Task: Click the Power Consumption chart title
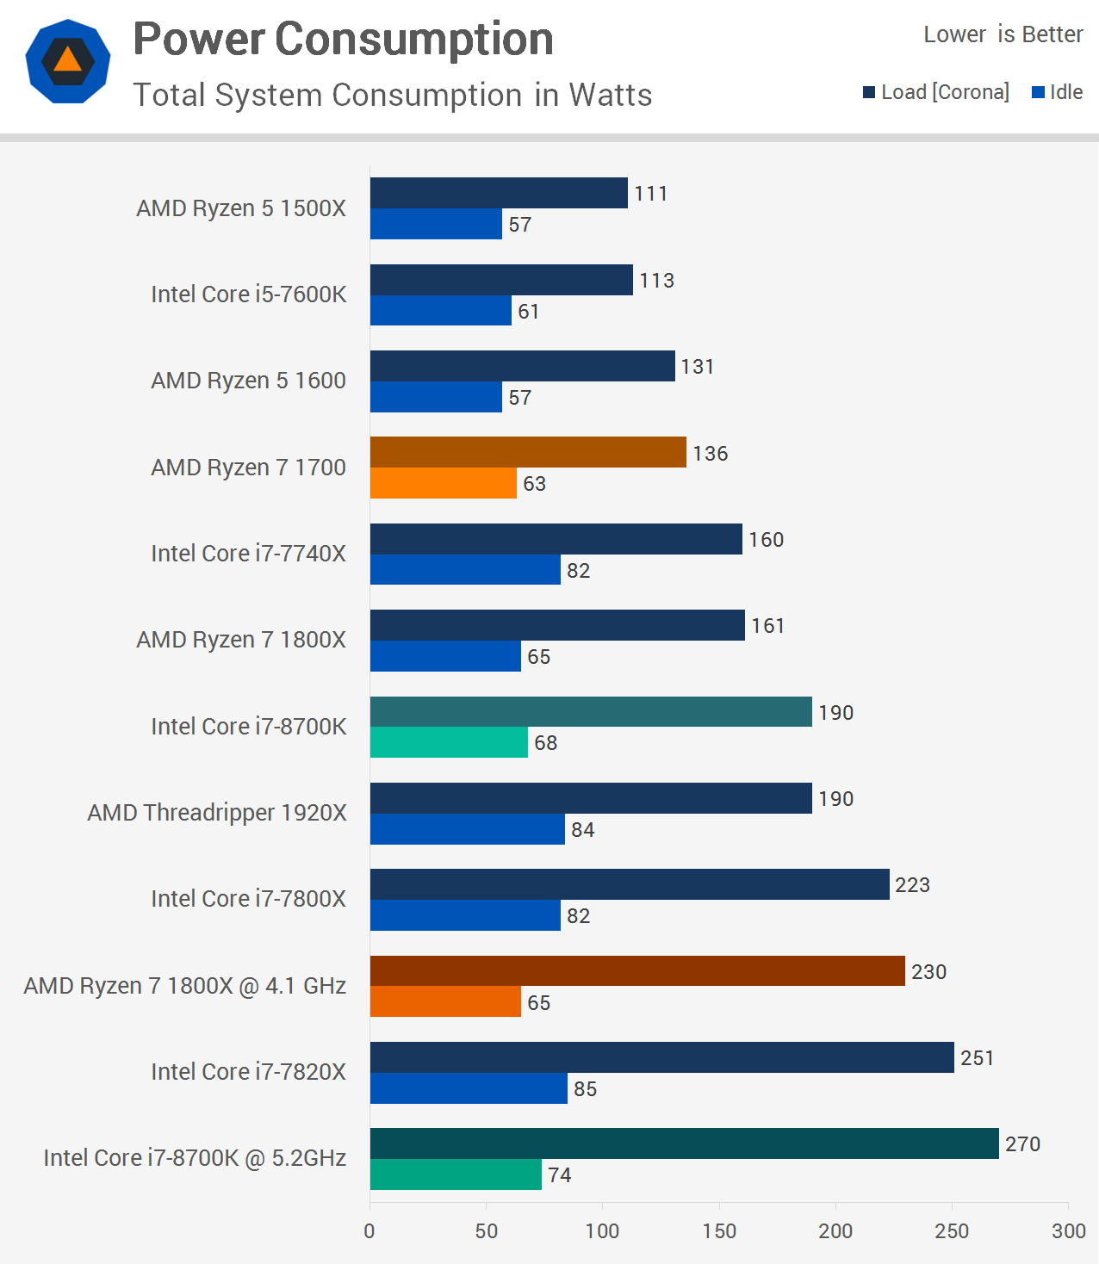coord(343,40)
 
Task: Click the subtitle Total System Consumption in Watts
coord(392,95)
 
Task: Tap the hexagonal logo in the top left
coord(68,61)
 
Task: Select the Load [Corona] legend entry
coord(936,92)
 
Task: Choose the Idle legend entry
coord(1058,92)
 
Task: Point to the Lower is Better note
coord(1003,34)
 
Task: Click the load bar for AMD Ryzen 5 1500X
coord(499,193)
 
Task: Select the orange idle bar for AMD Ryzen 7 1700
coord(443,483)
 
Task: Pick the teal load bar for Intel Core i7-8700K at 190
coord(591,712)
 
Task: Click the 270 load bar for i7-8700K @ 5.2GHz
coord(684,1143)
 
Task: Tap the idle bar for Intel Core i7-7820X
coord(469,1088)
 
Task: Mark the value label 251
coord(977,1058)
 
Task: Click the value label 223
coord(912,885)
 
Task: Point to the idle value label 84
coord(582,830)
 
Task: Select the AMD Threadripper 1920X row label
coord(217,813)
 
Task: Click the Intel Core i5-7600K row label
coord(248,294)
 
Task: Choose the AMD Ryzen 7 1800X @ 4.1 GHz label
coord(185,986)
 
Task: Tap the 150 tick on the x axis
coord(719,1231)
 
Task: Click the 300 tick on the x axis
coord(1068,1231)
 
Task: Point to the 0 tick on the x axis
coord(369,1231)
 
